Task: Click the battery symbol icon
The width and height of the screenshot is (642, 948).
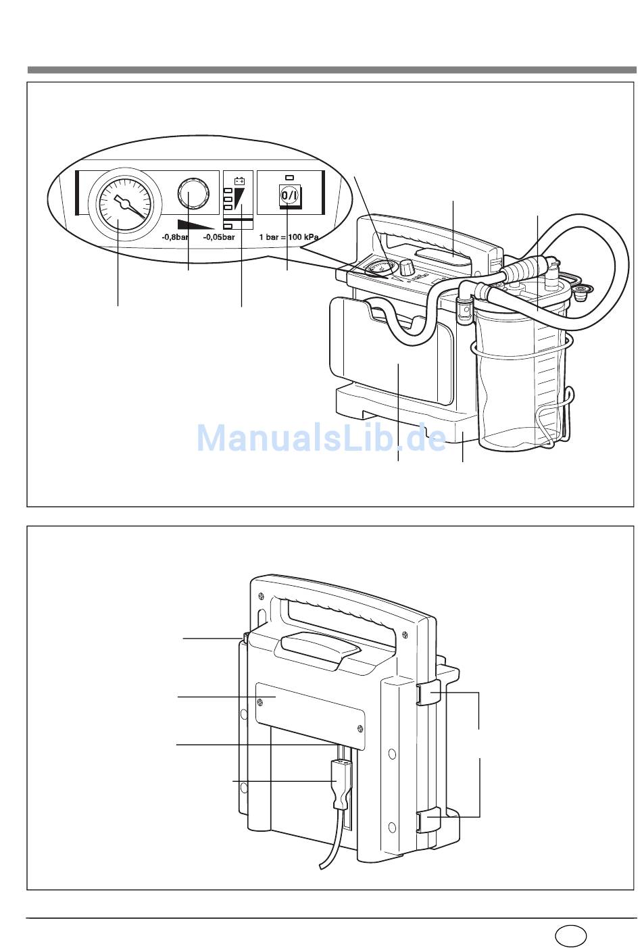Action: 239,182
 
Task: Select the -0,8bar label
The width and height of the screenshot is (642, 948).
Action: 174,237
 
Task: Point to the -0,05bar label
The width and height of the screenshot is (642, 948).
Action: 219,237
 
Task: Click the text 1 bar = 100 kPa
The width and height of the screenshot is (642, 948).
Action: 289,237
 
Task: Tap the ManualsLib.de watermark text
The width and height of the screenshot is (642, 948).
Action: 321,438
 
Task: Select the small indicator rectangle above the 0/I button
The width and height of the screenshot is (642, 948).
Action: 290,177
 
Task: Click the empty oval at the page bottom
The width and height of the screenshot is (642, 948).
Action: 570,933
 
